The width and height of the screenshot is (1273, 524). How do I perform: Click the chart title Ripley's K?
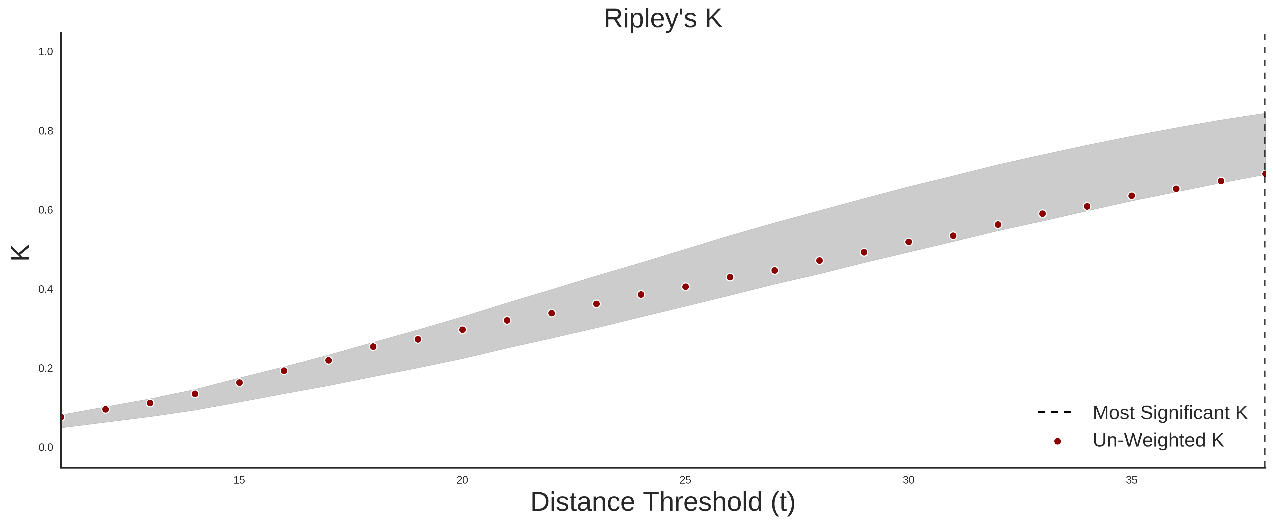click(663, 19)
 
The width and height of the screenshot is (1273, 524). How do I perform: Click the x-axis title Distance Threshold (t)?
click(663, 502)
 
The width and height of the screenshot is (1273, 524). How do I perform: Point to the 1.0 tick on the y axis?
click(46, 52)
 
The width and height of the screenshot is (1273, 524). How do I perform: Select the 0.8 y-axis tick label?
click(46, 131)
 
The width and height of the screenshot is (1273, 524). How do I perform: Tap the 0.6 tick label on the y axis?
click(46, 210)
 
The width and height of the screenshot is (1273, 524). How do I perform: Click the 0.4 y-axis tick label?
click(46, 289)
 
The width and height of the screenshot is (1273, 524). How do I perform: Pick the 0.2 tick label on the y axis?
click(46, 368)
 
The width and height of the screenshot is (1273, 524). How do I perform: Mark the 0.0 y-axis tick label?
click(46, 447)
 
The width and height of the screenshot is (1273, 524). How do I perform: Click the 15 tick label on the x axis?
click(239, 480)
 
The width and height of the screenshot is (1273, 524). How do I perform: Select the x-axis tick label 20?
click(462, 480)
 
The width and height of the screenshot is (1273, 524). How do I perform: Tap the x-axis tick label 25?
click(685, 480)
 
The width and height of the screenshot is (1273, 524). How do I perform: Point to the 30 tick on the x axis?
click(908, 480)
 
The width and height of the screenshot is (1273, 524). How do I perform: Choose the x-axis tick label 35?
click(1132, 480)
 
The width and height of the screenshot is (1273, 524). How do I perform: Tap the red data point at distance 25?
click(685, 287)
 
